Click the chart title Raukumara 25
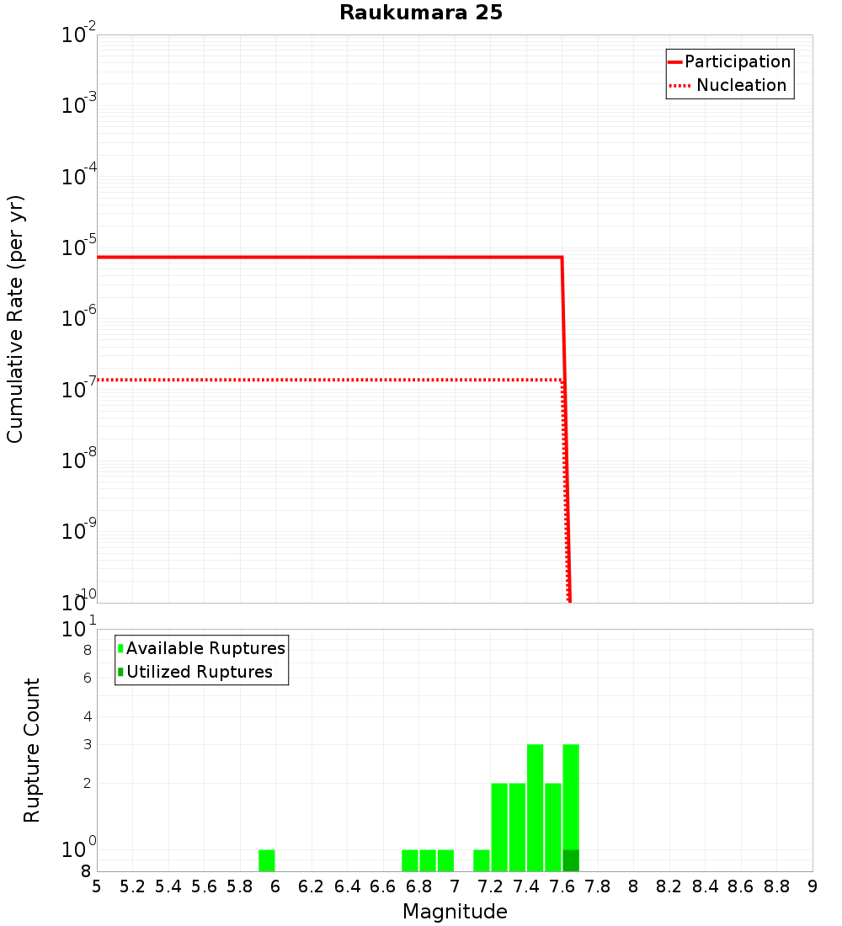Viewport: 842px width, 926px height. click(x=421, y=13)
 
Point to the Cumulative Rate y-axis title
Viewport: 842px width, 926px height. click(x=15, y=318)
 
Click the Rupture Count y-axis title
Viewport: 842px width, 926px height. click(x=32, y=749)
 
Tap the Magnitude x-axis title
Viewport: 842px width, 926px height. click(x=455, y=912)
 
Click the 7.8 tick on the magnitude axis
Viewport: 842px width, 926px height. click(x=598, y=886)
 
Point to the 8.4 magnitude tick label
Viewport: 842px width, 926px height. click(x=706, y=886)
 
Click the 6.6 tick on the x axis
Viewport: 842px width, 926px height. click(x=383, y=886)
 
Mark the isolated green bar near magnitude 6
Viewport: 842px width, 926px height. click(x=267, y=860)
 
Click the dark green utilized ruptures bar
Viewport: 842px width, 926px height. click(x=571, y=860)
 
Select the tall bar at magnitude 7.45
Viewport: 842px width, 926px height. click(x=535, y=808)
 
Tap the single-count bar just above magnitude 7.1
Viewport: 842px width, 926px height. click(x=482, y=860)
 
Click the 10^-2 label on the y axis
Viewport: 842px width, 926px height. click(x=79, y=35)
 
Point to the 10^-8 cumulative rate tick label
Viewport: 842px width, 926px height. click(x=79, y=460)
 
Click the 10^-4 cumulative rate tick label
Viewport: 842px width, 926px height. click(x=79, y=177)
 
